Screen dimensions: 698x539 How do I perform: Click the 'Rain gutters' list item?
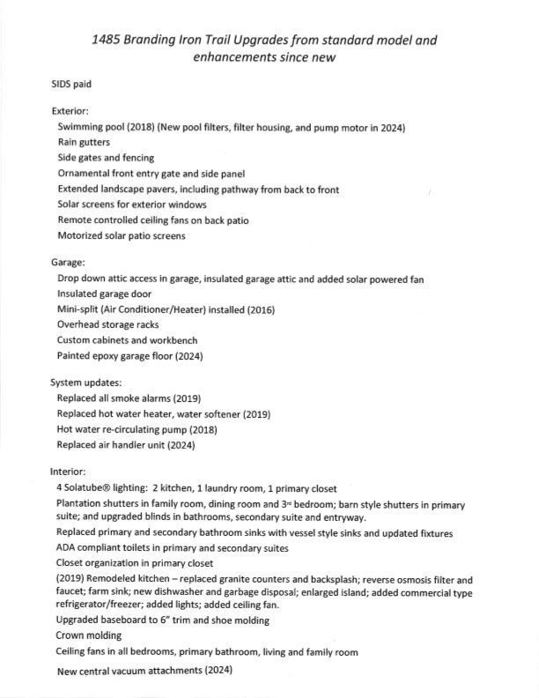[x=85, y=142]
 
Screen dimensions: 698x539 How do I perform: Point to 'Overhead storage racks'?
[x=108, y=324]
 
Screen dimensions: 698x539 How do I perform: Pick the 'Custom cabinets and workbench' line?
[x=127, y=340]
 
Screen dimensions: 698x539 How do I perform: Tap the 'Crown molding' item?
[x=89, y=635]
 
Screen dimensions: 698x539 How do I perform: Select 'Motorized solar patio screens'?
[x=122, y=235]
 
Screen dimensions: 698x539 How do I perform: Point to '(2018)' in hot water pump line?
[x=196, y=429]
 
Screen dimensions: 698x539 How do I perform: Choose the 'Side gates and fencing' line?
[x=106, y=158]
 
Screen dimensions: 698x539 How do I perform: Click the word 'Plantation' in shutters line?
[x=81, y=503]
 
